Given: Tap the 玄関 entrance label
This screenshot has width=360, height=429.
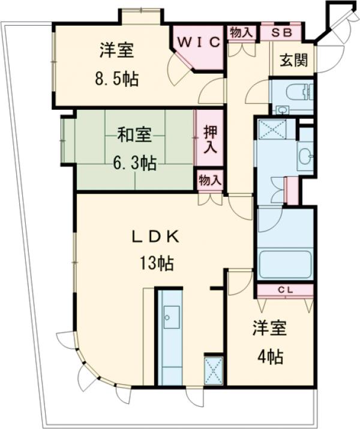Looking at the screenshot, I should (x=293, y=60).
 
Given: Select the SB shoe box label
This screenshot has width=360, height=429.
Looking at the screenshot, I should (x=281, y=33).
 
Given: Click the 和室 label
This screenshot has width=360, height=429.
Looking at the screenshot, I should (x=133, y=136).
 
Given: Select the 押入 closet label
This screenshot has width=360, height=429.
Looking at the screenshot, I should (x=210, y=139).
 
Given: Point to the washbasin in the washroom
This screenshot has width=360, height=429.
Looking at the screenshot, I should (x=305, y=155).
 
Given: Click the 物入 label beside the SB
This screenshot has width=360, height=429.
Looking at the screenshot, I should (x=241, y=33).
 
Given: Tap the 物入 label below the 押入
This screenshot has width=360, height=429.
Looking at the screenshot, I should (x=210, y=179).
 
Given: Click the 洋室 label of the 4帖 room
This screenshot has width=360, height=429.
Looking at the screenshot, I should (x=269, y=329).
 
